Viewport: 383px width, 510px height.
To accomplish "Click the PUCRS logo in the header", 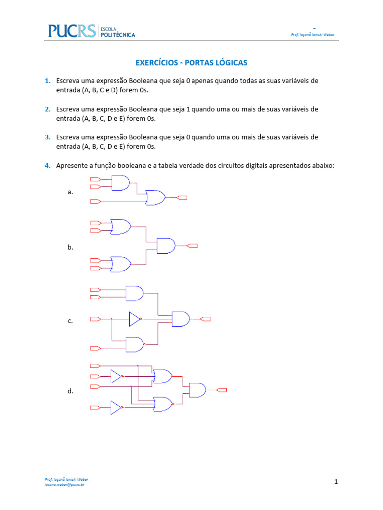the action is coord(72,31).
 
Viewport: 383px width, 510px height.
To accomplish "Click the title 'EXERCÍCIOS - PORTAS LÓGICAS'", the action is coord(191,63).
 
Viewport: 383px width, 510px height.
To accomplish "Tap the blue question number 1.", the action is coord(47,81).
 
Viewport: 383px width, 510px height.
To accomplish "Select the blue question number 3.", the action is coord(47,137).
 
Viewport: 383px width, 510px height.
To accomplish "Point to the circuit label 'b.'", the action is coord(70,247).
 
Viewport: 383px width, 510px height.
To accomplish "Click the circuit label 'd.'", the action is coord(70,392).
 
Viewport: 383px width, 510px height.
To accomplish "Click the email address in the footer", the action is coord(64,484).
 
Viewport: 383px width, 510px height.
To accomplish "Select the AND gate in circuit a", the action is coord(120,183).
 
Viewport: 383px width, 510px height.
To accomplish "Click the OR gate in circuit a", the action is coord(155,198).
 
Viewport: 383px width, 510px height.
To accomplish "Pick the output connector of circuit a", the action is coord(182,198).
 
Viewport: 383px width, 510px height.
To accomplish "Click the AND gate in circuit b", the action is coord(166,246).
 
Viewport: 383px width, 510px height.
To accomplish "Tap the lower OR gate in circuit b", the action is coord(120,264).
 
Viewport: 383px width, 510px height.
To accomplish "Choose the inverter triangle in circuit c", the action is coord(134,319).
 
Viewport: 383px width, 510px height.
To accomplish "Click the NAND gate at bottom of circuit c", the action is coord(134,344).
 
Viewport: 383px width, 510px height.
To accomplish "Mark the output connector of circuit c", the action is coord(205,319).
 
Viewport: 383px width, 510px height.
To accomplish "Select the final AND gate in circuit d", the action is coord(197,390).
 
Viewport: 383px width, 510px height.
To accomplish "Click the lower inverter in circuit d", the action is coord(116,408).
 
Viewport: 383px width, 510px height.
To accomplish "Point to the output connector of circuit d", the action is coord(222,390).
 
